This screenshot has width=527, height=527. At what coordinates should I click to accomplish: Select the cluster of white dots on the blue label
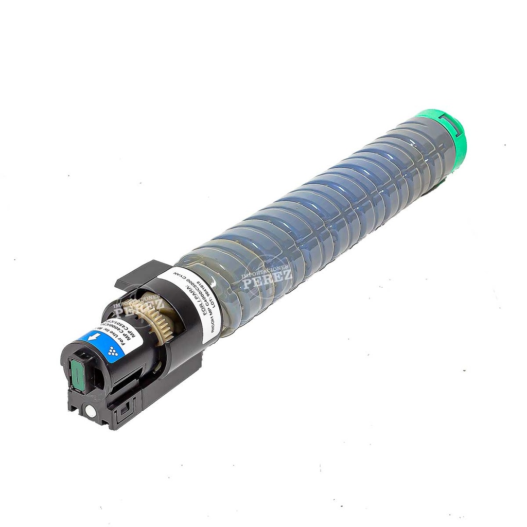click(113, 351)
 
